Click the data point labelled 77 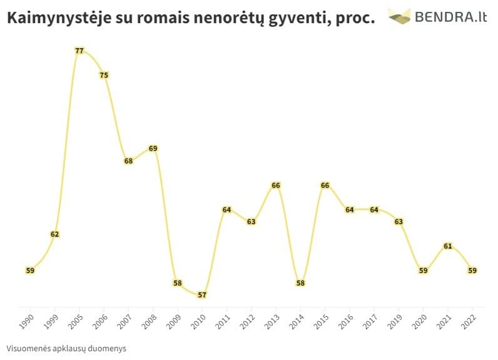coord(79,51)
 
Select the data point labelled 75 coord(104,75)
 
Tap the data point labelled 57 coord(202,295)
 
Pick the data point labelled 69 coord(153,148)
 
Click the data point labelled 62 coord(55,234)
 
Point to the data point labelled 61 coord(447,246)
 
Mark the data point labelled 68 coord(129,161)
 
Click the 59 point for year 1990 coord(30,270)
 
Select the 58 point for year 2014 coord(300,283)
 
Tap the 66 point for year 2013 coord(276,185)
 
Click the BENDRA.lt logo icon coord(399,16)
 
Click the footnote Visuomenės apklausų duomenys coord(66,348)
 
